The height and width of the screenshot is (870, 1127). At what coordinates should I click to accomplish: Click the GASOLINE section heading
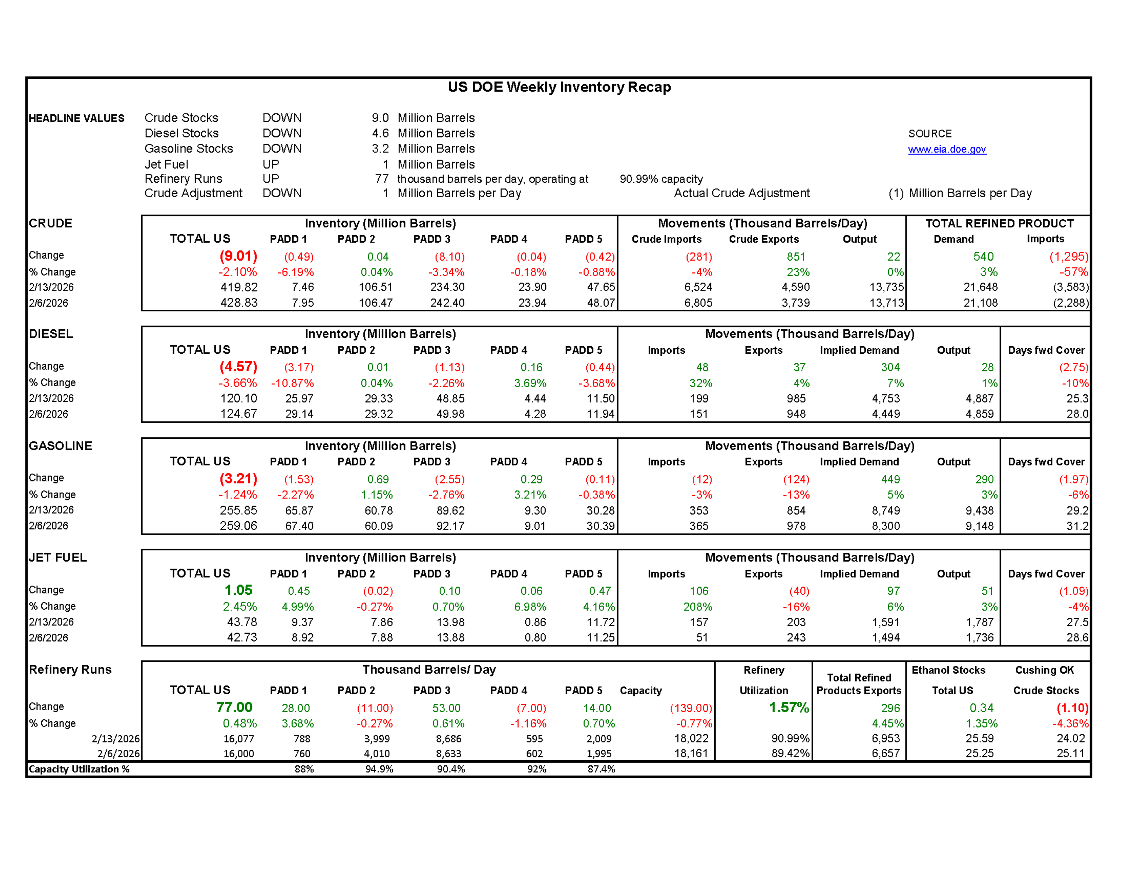60,446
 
